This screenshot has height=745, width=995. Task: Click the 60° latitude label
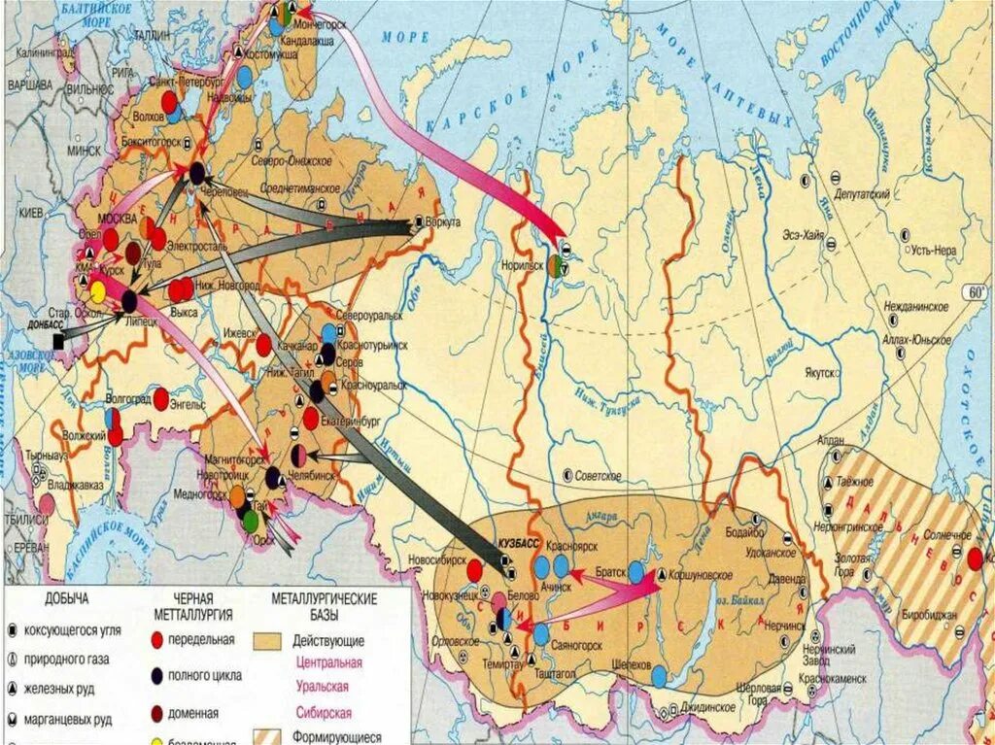pos(974,292)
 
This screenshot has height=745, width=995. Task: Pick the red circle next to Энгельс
pos(161,398)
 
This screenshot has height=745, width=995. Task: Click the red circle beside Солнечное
pos(975,559)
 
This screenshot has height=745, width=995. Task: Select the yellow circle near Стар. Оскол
pos(97,291)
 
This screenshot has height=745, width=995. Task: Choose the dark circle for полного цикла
pos(158,675)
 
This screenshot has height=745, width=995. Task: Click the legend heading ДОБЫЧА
pos(67,599)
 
